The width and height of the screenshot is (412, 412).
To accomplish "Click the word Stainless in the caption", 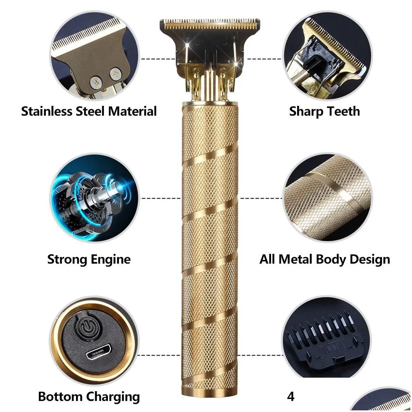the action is coord(47,111).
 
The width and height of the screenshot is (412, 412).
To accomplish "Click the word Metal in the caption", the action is coord(296,259).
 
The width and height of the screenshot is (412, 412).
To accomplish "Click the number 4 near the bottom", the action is coord(291,396).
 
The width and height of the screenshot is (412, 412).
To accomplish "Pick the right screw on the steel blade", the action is coord(115,74).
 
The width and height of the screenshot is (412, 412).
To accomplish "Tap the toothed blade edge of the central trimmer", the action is coord(210,24).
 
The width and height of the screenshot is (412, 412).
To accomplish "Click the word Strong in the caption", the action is coord(67,260).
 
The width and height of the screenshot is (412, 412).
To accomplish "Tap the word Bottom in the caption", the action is coord(60,396).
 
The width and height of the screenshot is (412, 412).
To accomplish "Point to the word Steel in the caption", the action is coord(90,111).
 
